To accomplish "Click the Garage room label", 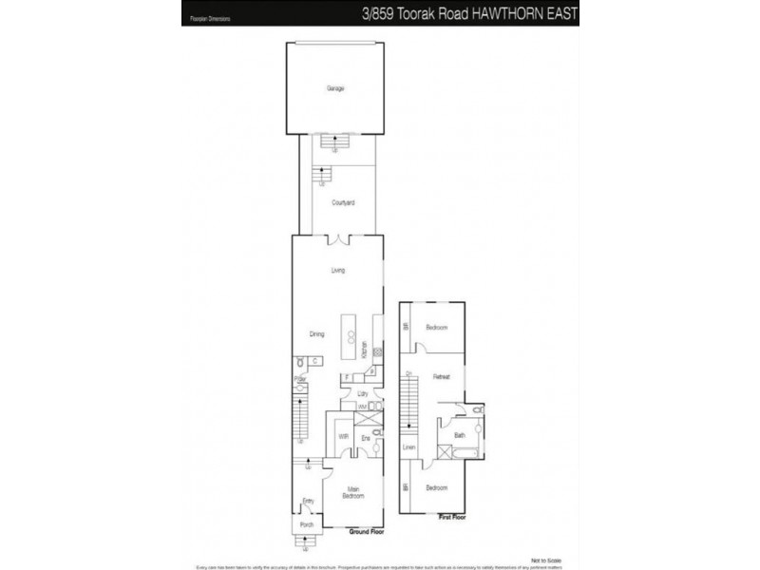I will point(334,88).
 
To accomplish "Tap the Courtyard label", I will point(343,203).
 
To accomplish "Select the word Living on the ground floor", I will point(337,271).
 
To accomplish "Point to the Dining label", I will point(317,333).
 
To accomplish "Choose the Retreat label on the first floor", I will point(441,377).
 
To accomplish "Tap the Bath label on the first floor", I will point(460,436).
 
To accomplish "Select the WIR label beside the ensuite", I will point(343,436).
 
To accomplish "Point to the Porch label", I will point(307,524).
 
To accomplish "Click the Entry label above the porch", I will point(308,501).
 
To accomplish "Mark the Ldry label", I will point(362,393).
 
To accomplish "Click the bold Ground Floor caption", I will point(365,533).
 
